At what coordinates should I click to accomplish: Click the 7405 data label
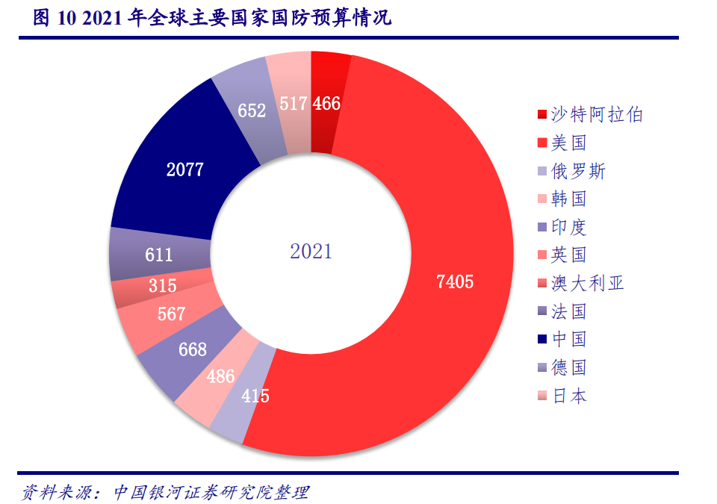[454, 281]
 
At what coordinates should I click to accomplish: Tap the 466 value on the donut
[326, 104]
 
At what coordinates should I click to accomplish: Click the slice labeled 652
[252, 111]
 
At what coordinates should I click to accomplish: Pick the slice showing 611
[159, 255]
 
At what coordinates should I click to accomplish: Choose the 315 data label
[162, 285]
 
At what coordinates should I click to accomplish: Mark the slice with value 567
[171, 314]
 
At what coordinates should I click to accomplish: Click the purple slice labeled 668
[193, 349]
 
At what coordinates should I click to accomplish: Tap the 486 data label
[221, 376]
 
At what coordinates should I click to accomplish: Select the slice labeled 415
[255, 396]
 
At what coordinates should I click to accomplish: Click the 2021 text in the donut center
[311, 252]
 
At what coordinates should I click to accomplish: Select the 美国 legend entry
[568, 143]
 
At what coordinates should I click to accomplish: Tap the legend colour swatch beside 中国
[541, 340]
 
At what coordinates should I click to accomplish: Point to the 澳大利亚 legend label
[587, 284]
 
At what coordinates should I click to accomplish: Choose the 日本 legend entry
[568, 396]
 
